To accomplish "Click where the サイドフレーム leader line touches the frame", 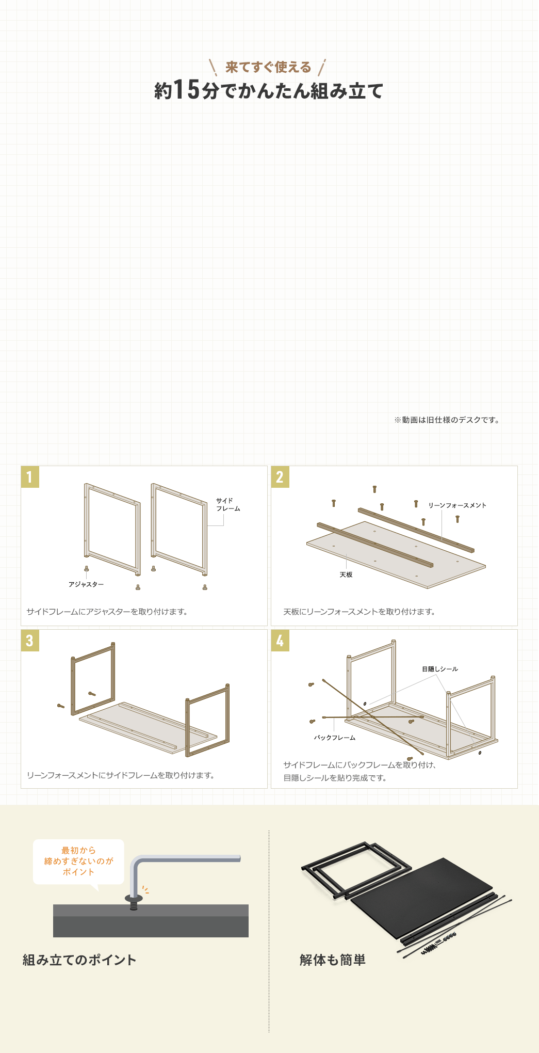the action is coord(207,525).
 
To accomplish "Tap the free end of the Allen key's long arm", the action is coord(240,858).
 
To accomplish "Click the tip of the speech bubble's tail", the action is coord(97,891).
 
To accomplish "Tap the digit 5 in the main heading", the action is coord(193,89).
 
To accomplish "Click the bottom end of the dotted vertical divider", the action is coord(269,1032).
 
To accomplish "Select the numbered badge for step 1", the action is coord(30,477).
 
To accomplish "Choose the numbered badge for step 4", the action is coord(280,641).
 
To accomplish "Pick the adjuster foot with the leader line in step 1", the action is coord(86,568).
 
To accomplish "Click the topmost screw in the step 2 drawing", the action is coord(374,489).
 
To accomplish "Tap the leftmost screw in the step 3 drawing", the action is coord(61,706).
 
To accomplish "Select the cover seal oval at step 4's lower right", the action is coord(480,753).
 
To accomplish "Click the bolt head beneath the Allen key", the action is coord(134,899).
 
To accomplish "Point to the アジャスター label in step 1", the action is coord(86,584).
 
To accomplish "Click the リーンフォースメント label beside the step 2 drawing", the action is coord(458,505).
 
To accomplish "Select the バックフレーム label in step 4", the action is coord(335,738).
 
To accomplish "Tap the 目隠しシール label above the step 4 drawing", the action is coord(440,669).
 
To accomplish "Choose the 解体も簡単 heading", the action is coord(333,960).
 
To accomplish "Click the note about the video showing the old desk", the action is coord(447,420).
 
